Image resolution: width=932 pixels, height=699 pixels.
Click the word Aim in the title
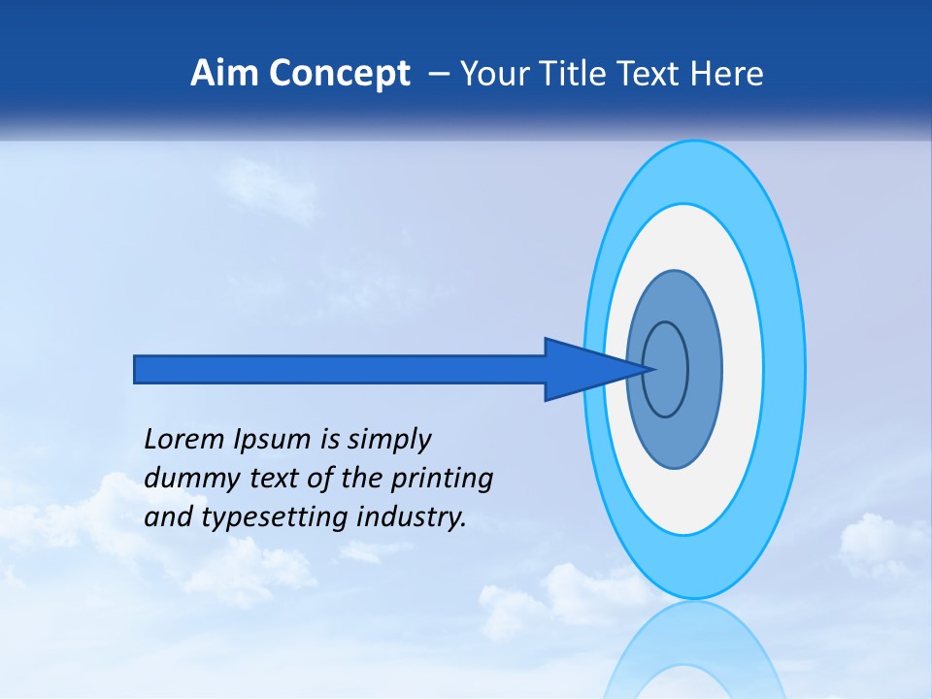[x=222, y=74]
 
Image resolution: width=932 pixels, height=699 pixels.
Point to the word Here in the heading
[x=727, y=74]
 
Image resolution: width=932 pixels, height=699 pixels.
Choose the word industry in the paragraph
[x=412, y=517]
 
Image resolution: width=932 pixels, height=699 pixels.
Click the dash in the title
[x=438, y=75]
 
